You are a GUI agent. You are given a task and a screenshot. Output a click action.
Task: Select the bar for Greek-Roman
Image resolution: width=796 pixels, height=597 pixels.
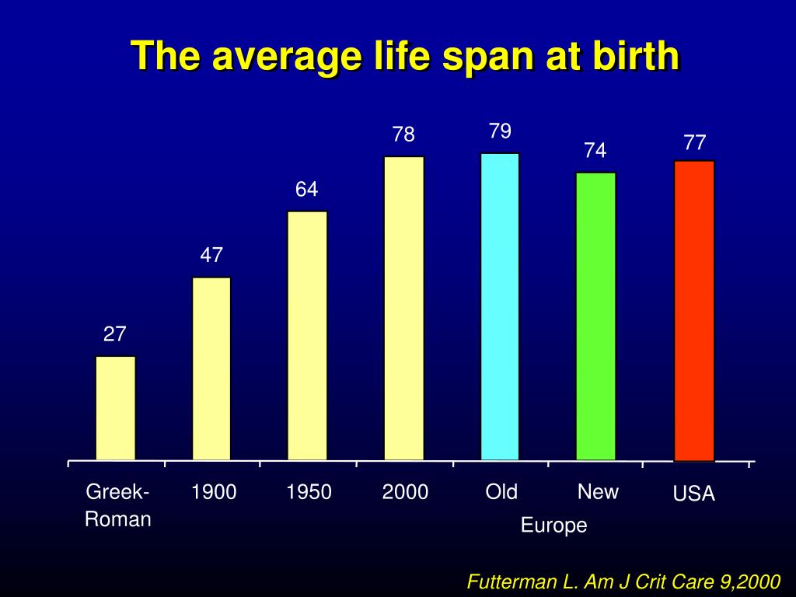tap(116, 408)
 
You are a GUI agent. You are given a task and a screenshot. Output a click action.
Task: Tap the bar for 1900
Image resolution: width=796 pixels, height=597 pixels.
tap(211, 368)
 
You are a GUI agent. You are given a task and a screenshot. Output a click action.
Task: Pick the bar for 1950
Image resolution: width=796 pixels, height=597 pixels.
tap(307, 336)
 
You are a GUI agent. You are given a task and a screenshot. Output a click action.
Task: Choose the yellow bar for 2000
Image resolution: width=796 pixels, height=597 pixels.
tap(404, 309)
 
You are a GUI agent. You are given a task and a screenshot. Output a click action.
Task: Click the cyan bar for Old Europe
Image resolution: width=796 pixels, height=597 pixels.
tap(500, 307)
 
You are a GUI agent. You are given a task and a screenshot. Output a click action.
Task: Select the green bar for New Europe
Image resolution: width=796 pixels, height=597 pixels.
tap(595, 316)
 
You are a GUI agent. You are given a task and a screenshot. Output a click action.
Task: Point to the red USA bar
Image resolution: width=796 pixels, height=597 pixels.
tap(693, 311)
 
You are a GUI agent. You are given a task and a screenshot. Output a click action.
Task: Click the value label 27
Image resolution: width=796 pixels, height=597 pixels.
tap(115, 334)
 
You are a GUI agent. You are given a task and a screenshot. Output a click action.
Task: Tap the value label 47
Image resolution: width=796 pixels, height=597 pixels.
tap(211, 255)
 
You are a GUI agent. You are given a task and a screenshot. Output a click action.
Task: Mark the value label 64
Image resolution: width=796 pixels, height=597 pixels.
tap(306, 190)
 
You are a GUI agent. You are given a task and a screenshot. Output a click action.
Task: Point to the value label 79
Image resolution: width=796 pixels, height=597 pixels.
tap(500, 131)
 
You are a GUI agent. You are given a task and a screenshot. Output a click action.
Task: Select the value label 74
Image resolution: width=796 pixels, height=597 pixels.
tap(595, 151)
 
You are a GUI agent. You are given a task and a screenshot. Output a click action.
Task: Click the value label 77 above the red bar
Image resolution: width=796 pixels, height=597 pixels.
tap(694, 143)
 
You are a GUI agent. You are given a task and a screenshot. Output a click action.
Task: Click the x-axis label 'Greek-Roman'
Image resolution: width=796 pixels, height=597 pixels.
tap(117, 505)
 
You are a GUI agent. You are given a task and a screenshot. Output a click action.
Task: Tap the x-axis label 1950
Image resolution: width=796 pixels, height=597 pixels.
tap(309, 492)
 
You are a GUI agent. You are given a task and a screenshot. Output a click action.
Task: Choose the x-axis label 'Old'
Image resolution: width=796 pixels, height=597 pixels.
tap(501, 492)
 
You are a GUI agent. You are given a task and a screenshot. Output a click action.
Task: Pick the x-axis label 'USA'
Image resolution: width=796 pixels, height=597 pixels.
tap(694, 494)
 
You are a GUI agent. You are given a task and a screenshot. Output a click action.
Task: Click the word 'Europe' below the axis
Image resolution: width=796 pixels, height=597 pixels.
tap(553, 526)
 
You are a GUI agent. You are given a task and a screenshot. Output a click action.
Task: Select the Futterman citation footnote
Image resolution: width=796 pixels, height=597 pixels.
tap(623, 581)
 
